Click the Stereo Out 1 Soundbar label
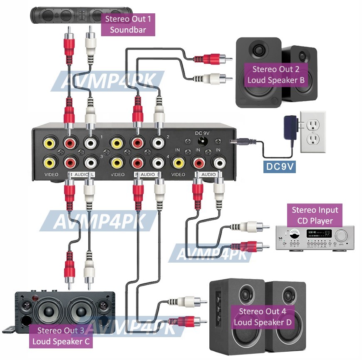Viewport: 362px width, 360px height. click(128, 24)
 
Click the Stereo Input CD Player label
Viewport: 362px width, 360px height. click(315, 215)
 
